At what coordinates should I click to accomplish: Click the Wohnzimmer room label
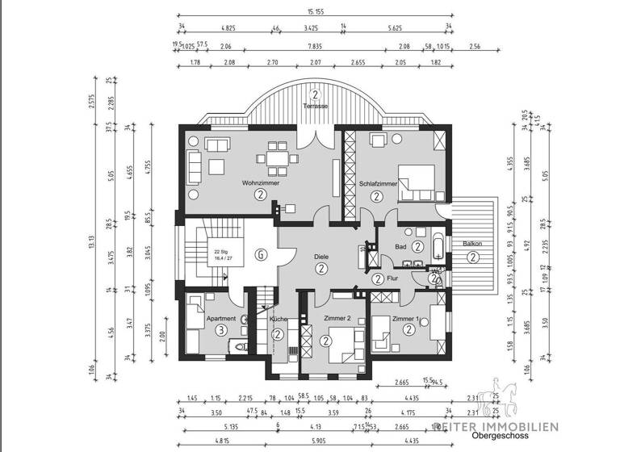pos(260,184)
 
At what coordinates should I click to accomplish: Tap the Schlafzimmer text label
pos(378,184)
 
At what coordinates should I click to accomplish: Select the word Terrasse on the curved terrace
pos(315,106)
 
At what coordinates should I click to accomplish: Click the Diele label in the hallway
pos(321,257)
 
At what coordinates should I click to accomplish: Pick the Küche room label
pos(277,319)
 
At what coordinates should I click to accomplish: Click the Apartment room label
pos(221,319)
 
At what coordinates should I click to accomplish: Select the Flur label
pos(393,278)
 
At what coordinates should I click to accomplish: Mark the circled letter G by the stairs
pos(260,255)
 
